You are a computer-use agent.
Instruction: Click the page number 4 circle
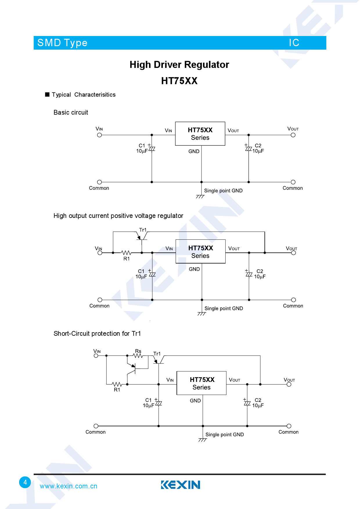tap(25, 482)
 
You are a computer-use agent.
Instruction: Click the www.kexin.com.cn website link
tap(69, 486)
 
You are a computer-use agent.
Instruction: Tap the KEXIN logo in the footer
tap(181, 485)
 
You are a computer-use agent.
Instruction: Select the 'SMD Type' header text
tap(62, 43)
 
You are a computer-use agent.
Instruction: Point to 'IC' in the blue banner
tap(294, 43)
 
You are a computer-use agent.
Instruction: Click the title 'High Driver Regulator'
tap(179, 64)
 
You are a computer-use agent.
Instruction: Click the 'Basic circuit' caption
tap(71, 112)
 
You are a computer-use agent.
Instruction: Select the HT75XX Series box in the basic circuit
tap(200, 134)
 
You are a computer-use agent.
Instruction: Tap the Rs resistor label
tap(138, 351)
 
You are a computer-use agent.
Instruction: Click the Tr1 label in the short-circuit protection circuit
tap(157, 354)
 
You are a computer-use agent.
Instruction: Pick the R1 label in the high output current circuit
tap(127, 259)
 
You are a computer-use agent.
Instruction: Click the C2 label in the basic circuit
tap(258, 145)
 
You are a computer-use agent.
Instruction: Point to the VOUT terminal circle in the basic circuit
tap(293, 135)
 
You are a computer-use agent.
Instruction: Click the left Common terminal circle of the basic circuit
tap(100, 182)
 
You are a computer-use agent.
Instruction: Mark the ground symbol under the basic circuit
tap(200, 196)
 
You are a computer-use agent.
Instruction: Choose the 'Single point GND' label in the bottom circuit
tap(224, 434)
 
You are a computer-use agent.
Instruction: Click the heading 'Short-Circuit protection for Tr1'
tap(97, 333)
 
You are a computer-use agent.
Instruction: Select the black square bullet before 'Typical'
tap(47, 95)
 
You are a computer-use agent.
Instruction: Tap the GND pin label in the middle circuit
tap(194, 269)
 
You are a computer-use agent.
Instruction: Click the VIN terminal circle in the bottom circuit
tap(96, 355)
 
